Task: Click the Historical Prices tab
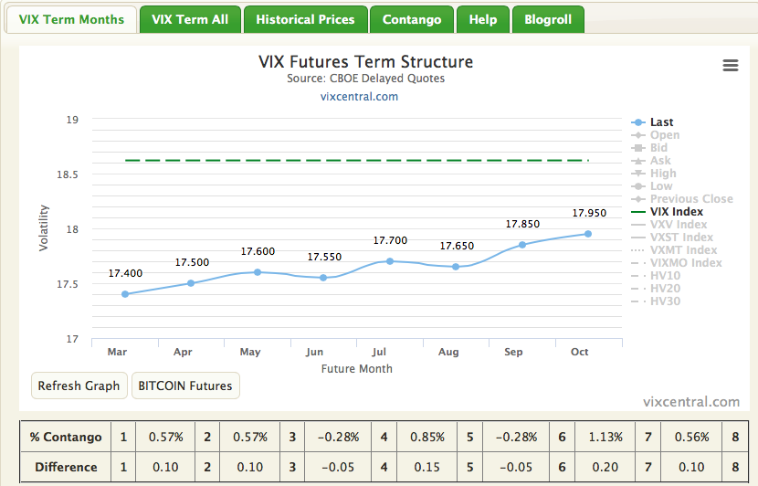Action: [305, 19]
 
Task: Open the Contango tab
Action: [412, 19]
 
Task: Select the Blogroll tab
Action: [548, 19]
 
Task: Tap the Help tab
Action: [482, 19]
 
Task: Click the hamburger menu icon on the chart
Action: [730, 65]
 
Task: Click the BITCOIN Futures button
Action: [185, 386]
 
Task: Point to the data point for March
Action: [125, 294]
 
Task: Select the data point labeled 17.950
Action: [588, 234]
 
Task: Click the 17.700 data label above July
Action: [390, 240]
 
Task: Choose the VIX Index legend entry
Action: [676, 212]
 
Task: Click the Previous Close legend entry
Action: [690, 199]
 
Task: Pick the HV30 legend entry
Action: [665, 301]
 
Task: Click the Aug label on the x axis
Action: [448, 352]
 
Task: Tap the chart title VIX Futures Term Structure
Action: [365, 62]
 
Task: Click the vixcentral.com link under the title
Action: [359, 96]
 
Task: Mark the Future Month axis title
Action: [356, 369]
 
